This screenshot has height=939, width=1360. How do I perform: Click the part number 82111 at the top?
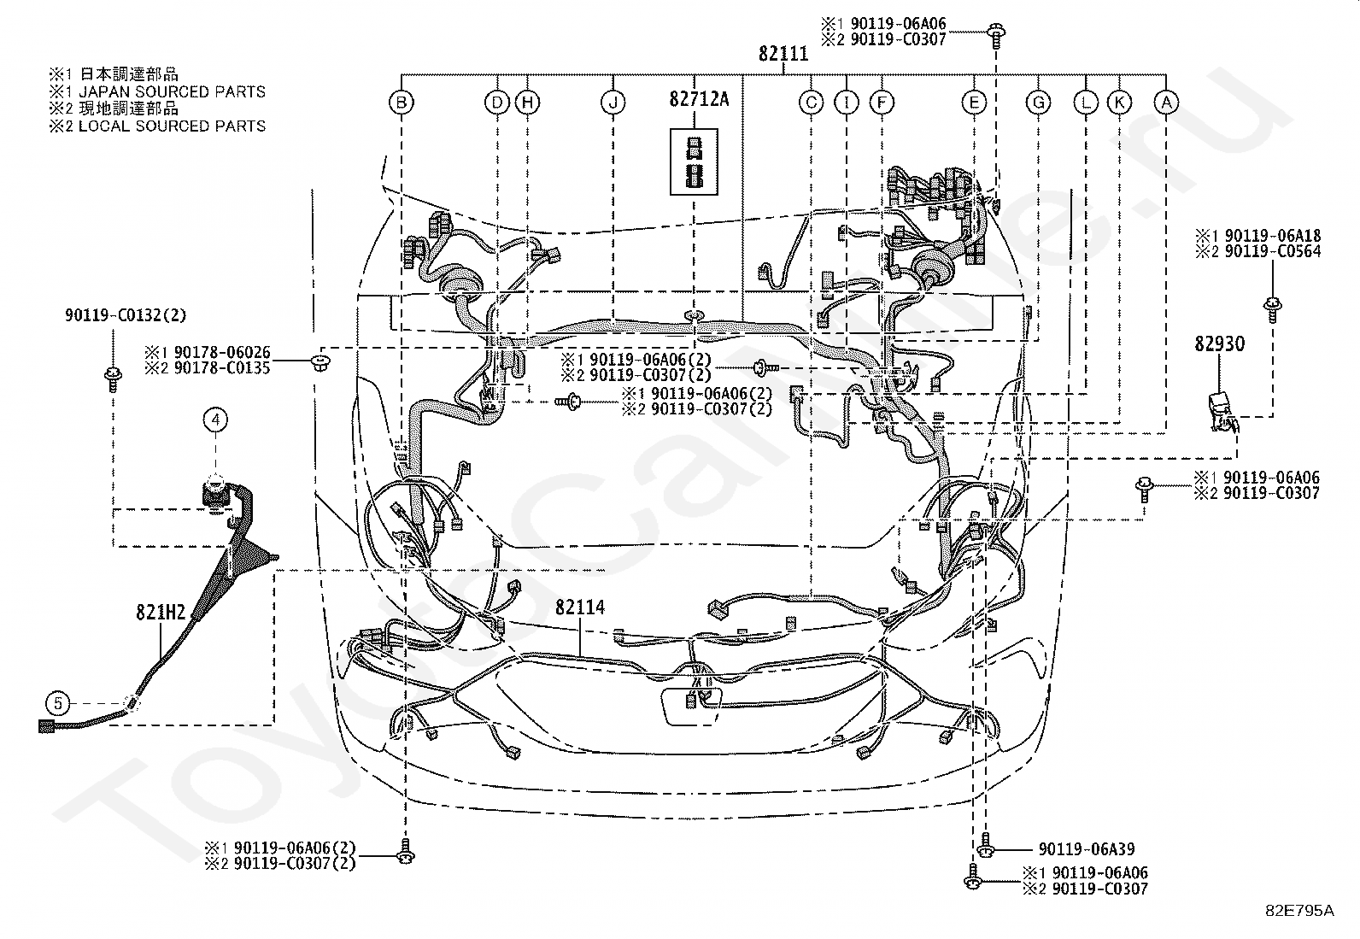(783, 54)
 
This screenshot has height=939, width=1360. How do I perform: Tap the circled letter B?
(402, 103)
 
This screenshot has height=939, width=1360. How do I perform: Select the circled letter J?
(613, 103)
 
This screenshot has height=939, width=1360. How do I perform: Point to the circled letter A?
(1166, 103)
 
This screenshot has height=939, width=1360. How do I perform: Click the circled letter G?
(1038, 103)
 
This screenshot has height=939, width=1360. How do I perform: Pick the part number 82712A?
(699, 99)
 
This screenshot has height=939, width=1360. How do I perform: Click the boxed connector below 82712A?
(694, 161)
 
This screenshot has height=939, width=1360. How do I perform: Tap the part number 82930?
(1219, 343)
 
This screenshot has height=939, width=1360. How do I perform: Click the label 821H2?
(161, 613)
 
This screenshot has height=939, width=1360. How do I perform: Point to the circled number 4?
(215, 419)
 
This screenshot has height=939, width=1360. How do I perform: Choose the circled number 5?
(58, 703)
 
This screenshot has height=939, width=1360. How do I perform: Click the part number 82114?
(580, 607)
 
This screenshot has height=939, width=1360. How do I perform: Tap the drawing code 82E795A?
(1299, 911)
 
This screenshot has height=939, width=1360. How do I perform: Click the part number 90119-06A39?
(1086, 849)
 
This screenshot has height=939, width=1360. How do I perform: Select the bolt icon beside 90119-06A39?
(985, 846)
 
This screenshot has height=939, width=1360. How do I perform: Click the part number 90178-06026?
(222, 352)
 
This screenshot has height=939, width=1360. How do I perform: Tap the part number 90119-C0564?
(1273, 251)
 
